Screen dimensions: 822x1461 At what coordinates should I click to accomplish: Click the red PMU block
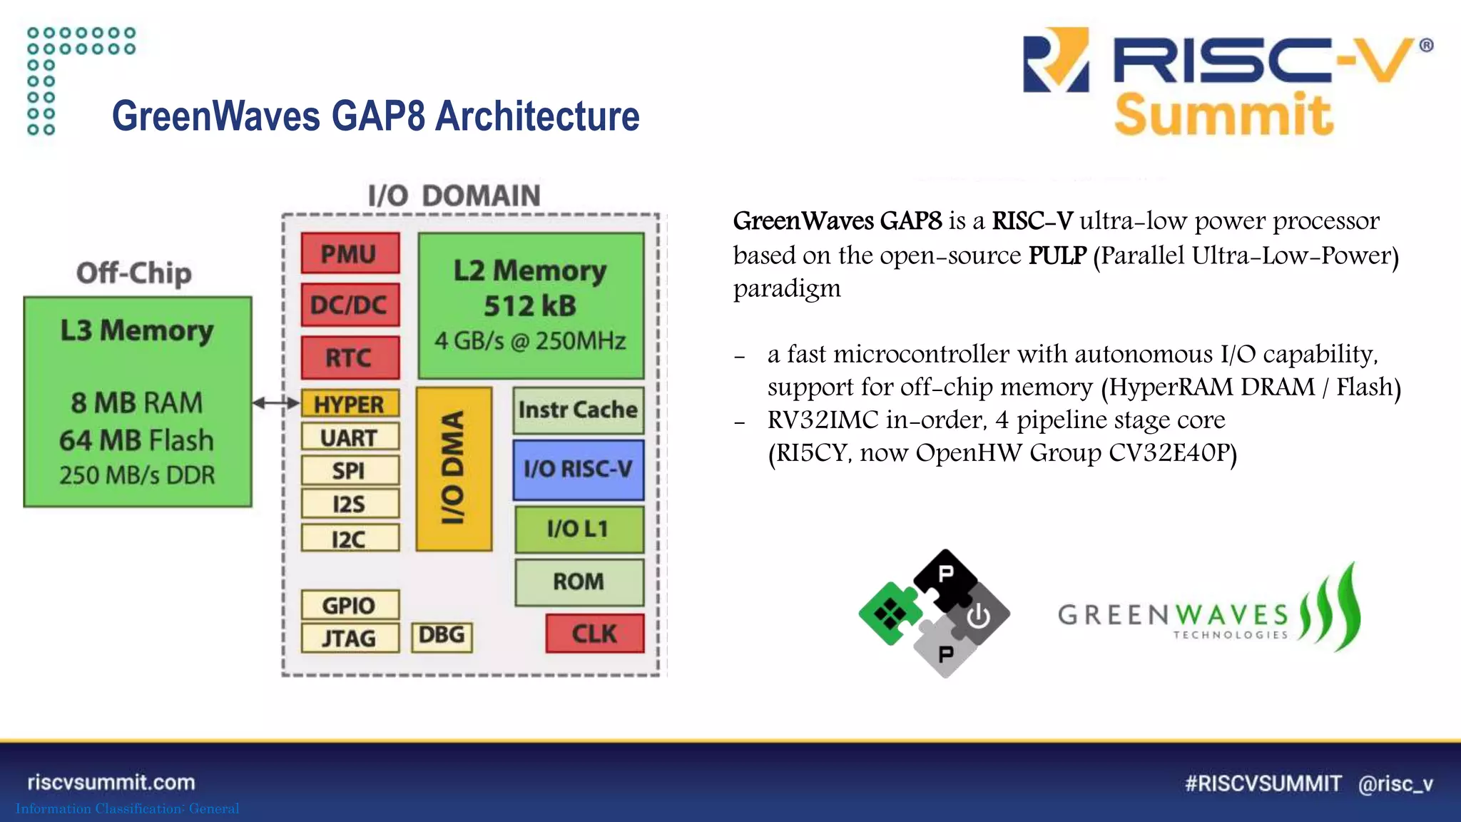click(x=350, y=253)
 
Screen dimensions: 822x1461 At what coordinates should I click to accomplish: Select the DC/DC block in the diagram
click(x=350, y=305)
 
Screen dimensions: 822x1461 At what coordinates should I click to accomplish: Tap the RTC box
click(x=350, y=357)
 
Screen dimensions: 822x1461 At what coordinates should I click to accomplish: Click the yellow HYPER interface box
click(x=350, y=404)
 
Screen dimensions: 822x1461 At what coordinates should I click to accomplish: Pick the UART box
click(x=350, y=437)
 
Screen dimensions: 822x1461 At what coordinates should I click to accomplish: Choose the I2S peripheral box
click(x=350, y=504)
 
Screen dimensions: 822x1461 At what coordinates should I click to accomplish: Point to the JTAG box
click(x=350, y=638)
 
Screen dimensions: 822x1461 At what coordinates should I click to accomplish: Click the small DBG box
click(x=442, y=635)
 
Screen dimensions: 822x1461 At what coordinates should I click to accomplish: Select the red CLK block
click(x=594, y=633)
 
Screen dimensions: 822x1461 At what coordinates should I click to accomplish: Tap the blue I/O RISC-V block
click(x=578, y=470)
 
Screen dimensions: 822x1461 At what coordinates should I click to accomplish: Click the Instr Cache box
click(x=578, y=410)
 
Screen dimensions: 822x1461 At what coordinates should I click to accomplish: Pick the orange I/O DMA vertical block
click(x=454, y=469)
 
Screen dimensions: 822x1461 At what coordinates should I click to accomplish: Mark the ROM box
click(x=579, y=582)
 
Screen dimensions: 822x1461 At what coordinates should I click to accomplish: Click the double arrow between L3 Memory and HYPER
click(x=276, y=403)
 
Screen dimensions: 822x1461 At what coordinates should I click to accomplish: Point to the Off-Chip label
click(x=134, y=273)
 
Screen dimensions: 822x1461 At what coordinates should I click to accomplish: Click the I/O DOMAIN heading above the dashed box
click(x=454, y=196)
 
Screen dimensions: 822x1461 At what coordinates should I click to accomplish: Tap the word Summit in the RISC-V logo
click(x=1223, y=115)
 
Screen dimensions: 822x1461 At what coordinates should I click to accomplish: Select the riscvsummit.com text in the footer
click(x=111, y=782)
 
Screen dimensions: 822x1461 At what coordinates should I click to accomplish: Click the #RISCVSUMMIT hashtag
click(x=1263, y=783)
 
